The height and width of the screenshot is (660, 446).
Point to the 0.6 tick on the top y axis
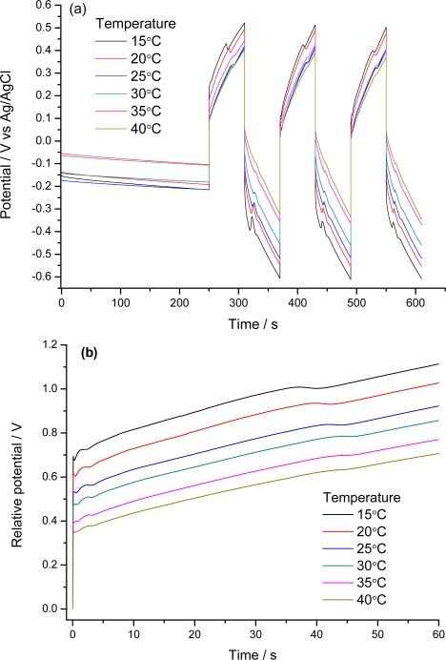(x=44, y=6)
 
